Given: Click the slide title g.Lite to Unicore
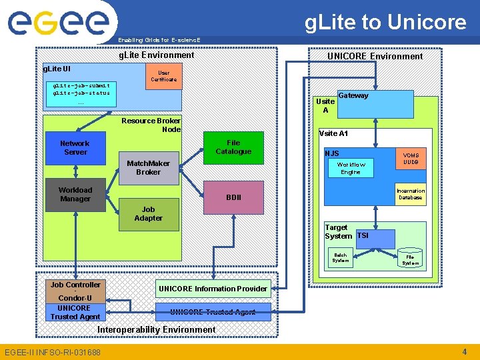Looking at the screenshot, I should pos(385,22).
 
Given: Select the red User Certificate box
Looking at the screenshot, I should pos(163,76).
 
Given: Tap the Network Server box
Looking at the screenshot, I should pos(75,148).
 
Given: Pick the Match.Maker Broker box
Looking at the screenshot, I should pos(148,168).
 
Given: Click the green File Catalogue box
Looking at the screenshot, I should pos(233,147).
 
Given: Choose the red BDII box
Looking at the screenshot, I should pos(233,197).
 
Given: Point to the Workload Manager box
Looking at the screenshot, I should pos(75,195).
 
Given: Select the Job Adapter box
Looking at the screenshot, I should pos(149,214).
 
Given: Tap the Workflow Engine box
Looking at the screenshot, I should pos(350,168).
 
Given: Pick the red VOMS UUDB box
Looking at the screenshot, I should pos(411,158).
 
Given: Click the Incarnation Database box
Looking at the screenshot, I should pos(410,194).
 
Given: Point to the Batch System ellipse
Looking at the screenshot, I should pos(341,258).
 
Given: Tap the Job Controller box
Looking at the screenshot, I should pos(75,285).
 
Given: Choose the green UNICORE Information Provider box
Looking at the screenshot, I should pos(213,289).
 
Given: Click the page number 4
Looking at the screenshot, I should pos(465,351).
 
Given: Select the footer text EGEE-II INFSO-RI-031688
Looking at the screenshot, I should pos(53,352).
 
